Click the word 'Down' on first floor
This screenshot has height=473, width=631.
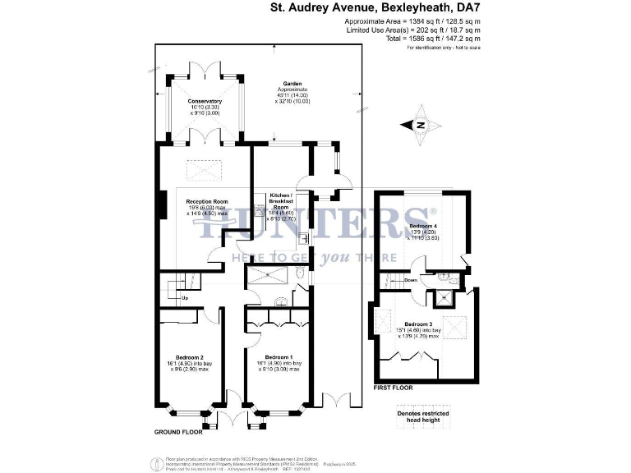(411, 280)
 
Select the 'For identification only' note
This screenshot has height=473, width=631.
(444, 48)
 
